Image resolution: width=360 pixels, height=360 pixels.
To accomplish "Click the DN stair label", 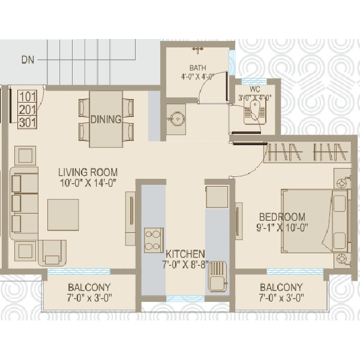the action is (28, 60).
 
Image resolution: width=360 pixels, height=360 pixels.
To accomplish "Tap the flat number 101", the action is (28, 97).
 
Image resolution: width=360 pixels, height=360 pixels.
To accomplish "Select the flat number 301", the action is (28, 122).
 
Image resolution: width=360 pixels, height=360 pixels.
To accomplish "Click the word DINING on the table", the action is (106, 119).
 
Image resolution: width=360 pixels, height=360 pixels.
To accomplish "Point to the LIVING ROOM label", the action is (88, 172).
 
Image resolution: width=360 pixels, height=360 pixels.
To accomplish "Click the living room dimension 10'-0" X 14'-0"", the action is (88, 183).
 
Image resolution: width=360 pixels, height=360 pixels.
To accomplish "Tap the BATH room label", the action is (197, 68).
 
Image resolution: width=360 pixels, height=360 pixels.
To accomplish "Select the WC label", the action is (254, 89).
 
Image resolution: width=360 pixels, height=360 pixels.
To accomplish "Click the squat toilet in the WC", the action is (253, 113).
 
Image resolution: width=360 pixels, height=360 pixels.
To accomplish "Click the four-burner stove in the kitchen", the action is (154, 241).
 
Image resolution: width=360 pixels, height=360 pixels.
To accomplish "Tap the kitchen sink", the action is (218, 277).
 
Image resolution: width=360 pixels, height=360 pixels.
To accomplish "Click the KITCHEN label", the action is (185, 254).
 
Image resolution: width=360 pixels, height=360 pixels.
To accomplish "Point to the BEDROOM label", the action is (282, 217).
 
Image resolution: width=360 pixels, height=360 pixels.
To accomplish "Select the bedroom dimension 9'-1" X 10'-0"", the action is (282, 228).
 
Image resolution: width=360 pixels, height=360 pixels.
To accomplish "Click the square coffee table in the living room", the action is (63, 215).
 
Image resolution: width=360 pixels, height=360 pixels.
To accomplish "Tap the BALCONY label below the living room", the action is (89, 287).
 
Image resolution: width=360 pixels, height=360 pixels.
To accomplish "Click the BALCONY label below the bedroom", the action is (281, 287).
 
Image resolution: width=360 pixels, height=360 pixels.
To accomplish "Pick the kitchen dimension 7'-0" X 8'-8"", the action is (185, 265).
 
